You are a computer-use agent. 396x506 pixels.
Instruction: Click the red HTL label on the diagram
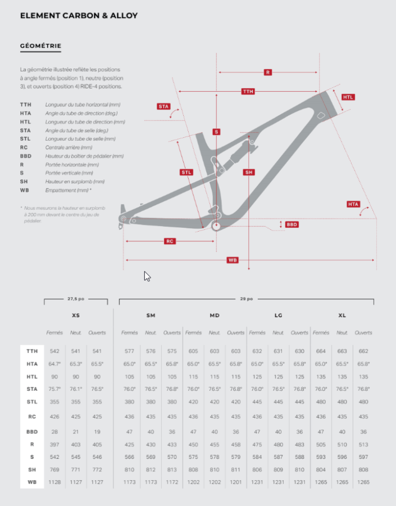pyautogui.click(x=348, y=97)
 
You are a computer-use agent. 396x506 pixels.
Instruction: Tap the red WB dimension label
pyautogui.click(x=233, y=260)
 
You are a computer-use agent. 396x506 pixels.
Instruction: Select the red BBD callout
pyautogui.click(x=292, y=224)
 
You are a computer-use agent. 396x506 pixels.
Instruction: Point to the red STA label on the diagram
pyautogui.click(x=163, y=106)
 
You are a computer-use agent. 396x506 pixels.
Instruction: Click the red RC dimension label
pyautogui.click(x=170, y=241)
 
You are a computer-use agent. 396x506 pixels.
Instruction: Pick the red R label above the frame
pyautogui.click(x=268, y=73)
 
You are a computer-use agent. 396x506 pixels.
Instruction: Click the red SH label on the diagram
pyautogui.click(x=249, y=173)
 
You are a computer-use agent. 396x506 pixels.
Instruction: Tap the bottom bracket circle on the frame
pyautogui.click(x=216, y=226)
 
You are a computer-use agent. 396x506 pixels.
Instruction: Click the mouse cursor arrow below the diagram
pyautogui.click(x=147, y=277)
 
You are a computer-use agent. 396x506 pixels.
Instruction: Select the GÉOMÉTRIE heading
pyautogui.click(x=40, y=46)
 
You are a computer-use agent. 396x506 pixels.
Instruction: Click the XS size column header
pyautogui.click(x=76, y=315)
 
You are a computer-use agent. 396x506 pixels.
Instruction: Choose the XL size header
pyautogui.click(x=342, y=315)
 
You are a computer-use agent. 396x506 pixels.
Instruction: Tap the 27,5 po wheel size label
pyautogui.click(x=76, y=299)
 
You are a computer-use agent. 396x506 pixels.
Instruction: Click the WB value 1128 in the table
pyautogui.click(x=54, y=482)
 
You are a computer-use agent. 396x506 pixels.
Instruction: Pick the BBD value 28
pyautogui.click(x=54, y=432)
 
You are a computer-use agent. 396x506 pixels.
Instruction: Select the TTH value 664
pyautogui.click(x=321, y=351)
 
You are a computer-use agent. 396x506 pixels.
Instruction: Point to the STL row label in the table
pyautogui.click(x=32, y=402)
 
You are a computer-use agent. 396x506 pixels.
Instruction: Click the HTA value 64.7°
pyautogui.click(x=54, y=364)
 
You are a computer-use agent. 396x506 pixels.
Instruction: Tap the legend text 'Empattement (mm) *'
pyautogui.click(x=69, y=191)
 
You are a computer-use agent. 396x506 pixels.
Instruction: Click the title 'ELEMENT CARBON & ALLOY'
pyautogui.click(x=79, y=16)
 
